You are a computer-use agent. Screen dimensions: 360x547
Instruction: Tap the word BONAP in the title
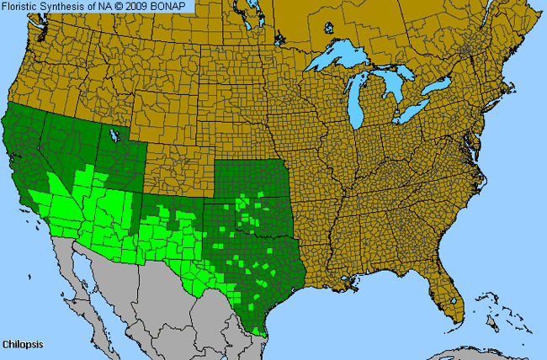point(176,7)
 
